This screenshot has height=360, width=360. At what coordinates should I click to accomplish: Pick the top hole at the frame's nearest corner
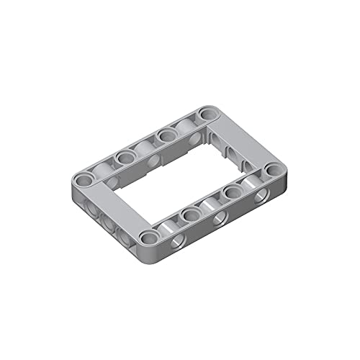[150, 237]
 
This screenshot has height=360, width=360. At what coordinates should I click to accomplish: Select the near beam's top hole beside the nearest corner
[191, 214]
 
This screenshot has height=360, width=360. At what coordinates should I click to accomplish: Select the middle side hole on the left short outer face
[108, 218]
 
